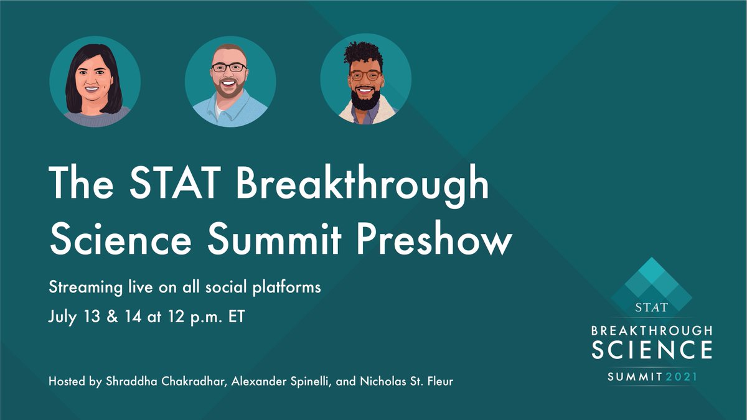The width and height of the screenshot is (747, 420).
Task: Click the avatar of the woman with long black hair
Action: click(95, 82)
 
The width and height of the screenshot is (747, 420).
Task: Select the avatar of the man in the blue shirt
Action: click(230, 82)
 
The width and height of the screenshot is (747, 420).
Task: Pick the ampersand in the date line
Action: click(111, 316)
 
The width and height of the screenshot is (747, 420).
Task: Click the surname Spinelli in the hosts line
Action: click(303, 381)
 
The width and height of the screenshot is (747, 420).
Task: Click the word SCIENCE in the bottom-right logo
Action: click(652, 350)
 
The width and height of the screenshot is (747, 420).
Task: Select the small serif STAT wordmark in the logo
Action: click(651, 307)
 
